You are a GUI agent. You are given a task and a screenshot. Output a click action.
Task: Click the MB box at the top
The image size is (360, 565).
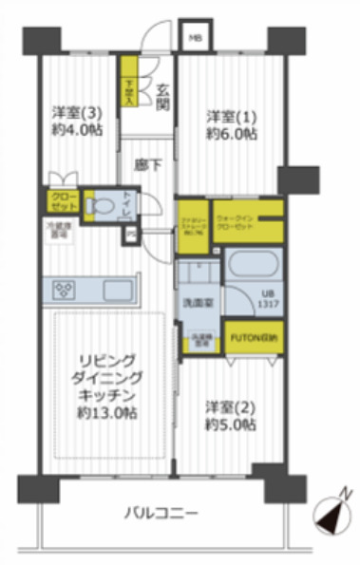point(194,37)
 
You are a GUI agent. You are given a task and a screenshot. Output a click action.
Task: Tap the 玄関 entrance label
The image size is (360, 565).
point(162,98)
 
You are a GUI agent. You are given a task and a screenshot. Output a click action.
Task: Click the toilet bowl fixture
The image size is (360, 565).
point(96,205)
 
